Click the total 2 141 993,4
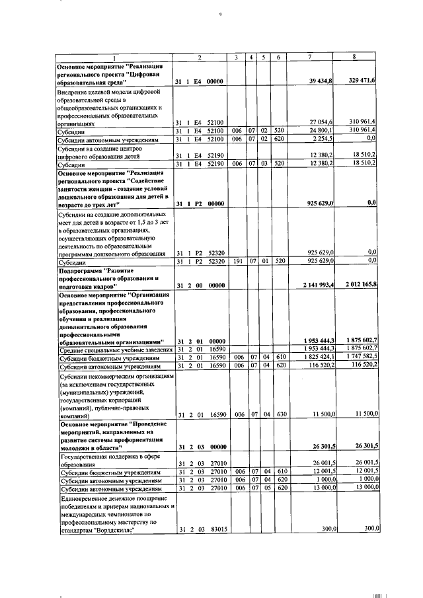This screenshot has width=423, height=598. click(316, 285)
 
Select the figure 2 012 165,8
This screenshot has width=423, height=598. click(358, 285)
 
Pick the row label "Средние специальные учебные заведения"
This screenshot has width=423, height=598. click(116, 349)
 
